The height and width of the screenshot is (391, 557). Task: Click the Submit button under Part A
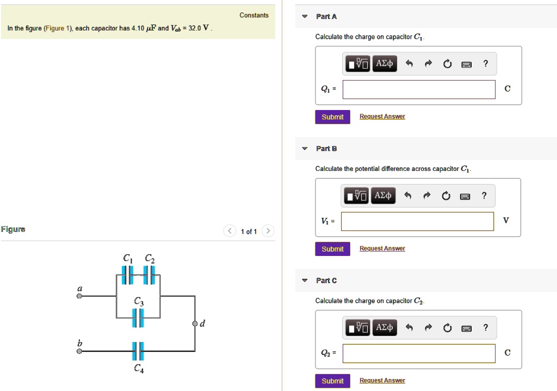(x=332, y=117)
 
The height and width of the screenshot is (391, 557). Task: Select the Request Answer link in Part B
(x=382, y=249)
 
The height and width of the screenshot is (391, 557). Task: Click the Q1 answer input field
(x=419, y=89)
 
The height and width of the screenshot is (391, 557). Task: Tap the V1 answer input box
(x=418, y=221)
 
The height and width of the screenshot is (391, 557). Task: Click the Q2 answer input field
(x=419, y=353)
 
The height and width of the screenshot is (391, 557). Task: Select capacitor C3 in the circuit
(x=138, y=317)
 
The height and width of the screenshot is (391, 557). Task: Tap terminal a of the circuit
(x=79, y=297)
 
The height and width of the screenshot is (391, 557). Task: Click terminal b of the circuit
(x=79, y=352)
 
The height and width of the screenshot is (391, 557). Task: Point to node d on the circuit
(x=195, y=324)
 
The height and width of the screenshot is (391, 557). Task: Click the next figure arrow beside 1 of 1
(x=268, y=231)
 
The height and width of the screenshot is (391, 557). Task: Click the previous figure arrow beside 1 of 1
(x=230, y=231)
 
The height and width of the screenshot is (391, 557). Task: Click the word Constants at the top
(x=254, y=15)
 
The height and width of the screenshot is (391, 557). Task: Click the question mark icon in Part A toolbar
(x=486, y=64)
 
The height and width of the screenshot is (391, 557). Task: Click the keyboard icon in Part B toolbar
(x=465, y=196)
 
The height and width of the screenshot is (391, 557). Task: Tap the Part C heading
(x=326, y=280)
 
